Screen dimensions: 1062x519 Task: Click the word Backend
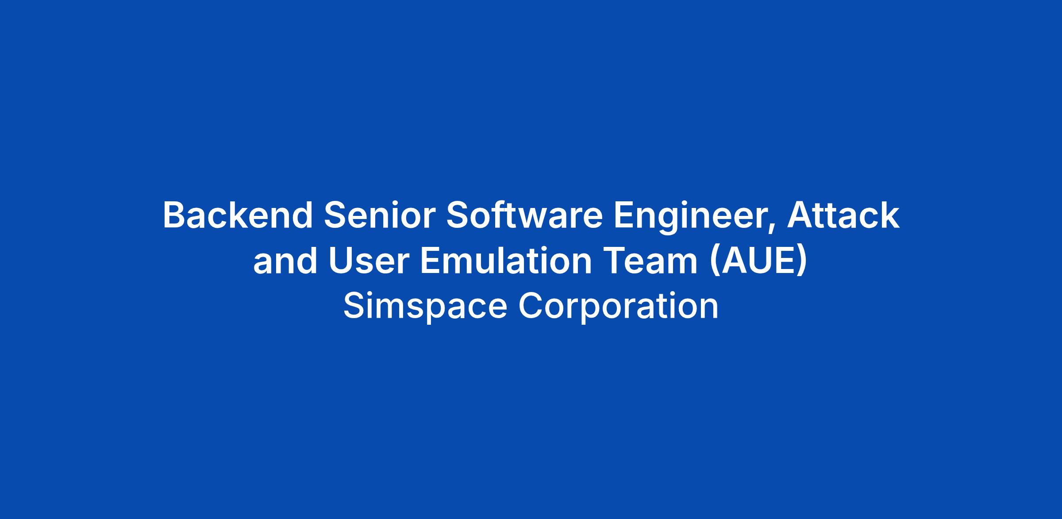(x=238, y=215)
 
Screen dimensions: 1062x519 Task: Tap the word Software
(x=524, y=215)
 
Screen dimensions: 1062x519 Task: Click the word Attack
(x=843, y=215)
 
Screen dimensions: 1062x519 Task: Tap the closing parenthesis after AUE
(x=802, y=263)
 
